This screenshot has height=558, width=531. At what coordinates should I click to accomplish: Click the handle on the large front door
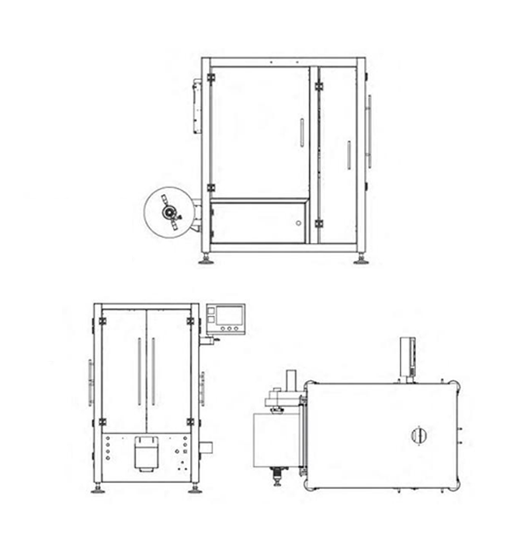tap(300, 132)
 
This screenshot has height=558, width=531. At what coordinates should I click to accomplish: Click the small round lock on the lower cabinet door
tap(297, 223)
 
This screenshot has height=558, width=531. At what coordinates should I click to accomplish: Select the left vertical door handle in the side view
tap(139, 371)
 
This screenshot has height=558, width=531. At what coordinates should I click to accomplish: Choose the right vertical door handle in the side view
tap(154, 371)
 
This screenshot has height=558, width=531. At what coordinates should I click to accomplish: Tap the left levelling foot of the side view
tap(98, 489)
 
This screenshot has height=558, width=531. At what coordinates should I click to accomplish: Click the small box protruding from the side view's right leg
tap(206, 446)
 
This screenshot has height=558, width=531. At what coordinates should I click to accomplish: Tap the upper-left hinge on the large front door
tap(211, 78)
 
